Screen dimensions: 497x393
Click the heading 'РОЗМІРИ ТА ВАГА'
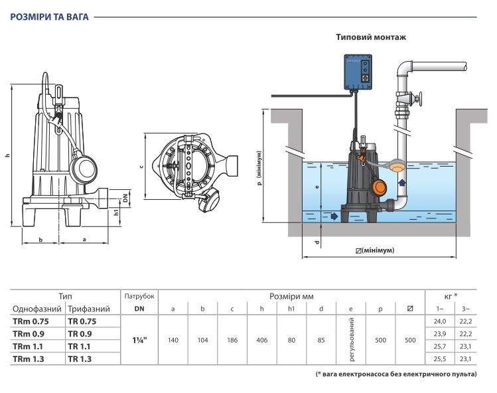tap(50, 17)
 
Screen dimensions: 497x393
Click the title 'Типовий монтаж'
tap(371, 37)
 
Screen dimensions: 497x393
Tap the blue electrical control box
tap(358, 72)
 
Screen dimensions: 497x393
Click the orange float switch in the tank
tap(378, 188)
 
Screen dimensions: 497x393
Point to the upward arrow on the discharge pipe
tap(402, 183)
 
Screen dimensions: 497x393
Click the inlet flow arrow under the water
tap(334, 216)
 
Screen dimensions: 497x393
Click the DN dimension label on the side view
tap(125, 198)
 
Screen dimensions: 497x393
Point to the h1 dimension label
tap(116, 212)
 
